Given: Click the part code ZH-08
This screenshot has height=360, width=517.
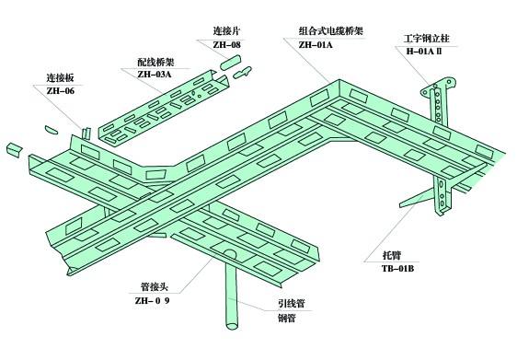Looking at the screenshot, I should (x=226, y=44).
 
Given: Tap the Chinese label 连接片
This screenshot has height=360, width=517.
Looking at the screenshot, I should (x=226, y=30).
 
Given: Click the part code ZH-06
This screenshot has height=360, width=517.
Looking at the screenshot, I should (x=61, y=90).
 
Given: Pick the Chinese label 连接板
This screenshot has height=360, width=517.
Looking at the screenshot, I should (x=61, y=77).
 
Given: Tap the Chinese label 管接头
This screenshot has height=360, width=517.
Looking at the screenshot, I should (x=149, y=286).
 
